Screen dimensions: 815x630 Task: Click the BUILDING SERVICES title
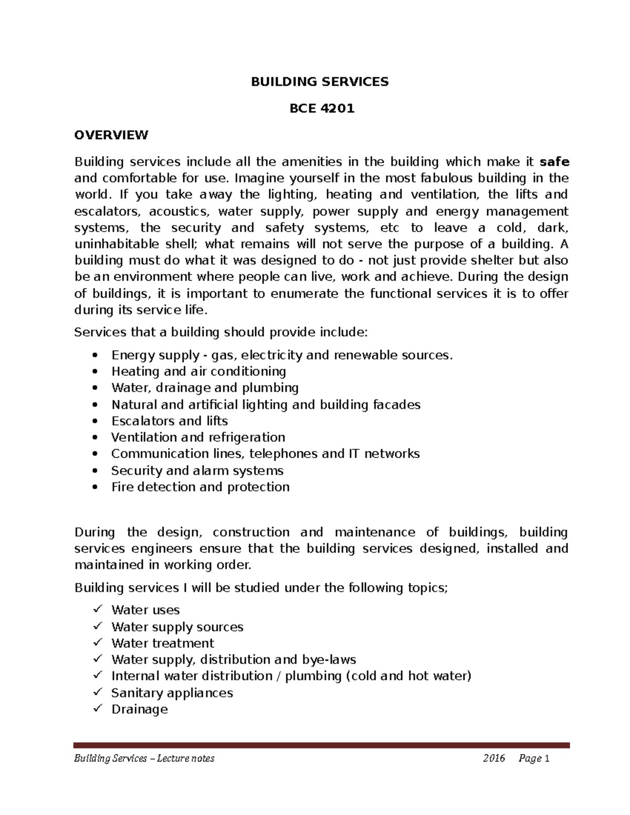319,81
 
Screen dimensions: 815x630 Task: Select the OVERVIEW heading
111,135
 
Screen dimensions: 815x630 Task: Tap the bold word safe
555,162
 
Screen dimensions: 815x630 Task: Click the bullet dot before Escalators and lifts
94,421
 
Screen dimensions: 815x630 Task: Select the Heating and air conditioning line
198,372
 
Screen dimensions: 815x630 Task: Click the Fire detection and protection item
200,487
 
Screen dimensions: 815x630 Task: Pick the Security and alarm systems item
197,470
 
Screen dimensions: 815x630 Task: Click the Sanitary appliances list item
172,693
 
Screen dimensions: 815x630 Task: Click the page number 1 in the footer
547,758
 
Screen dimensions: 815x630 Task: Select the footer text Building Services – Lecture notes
144,758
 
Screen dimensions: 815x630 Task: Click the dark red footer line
321,745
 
